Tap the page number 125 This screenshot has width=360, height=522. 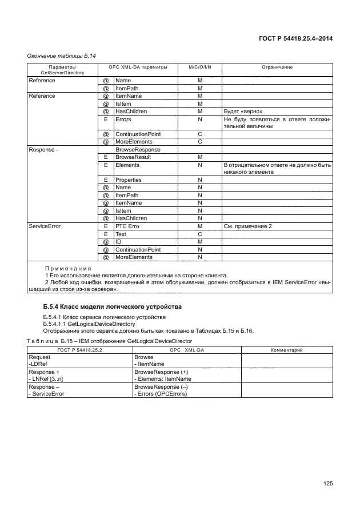point(327,483)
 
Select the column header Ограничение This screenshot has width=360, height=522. point(277,67)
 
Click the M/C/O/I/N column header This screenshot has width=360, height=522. point(199,67)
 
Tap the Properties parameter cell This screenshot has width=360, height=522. point(128,180)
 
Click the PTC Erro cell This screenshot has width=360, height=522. point(130,226)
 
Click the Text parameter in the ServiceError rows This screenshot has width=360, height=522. point(121,234)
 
